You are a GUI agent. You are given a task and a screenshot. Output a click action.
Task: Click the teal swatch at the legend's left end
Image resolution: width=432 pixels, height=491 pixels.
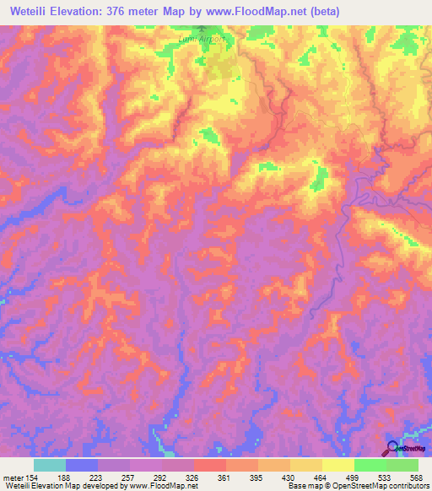[x=50, y=464]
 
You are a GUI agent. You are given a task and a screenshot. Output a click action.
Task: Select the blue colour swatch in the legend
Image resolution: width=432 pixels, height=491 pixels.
[x=82, y=464]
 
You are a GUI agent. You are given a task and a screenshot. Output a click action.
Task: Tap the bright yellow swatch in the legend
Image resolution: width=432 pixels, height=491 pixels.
[x=338, y=464]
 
